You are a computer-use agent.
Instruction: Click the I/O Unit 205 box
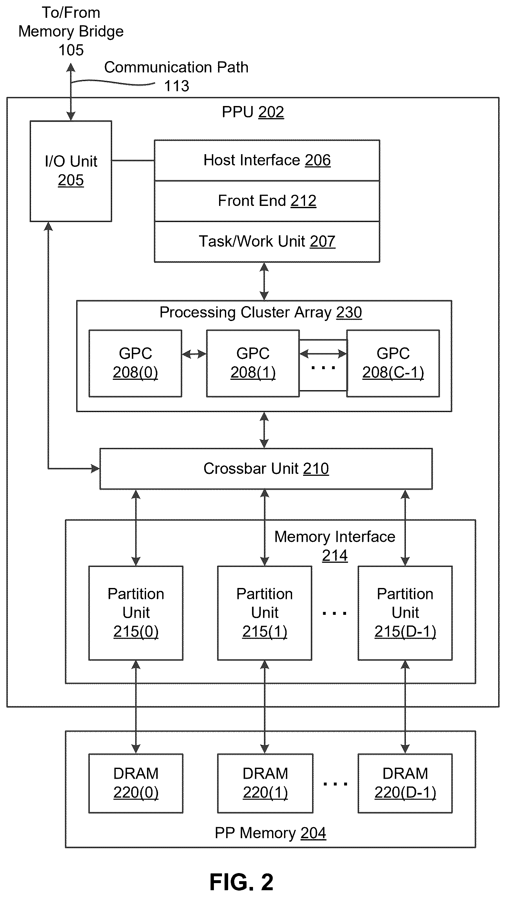coord(71,171)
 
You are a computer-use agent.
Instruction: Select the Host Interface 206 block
coord(267,161)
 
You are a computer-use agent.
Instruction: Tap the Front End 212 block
coord(267,201)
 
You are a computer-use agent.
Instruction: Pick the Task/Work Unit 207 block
coord(267,241)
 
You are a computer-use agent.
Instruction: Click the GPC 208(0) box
coord(135,363)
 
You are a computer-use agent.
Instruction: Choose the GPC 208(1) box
coord(253,363)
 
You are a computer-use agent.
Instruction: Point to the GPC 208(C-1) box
coord(393,363)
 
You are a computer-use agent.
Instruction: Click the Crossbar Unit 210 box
coord(266,469)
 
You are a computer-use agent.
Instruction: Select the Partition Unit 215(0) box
coord(136,613)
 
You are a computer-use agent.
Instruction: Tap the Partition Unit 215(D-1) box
coord(405,613)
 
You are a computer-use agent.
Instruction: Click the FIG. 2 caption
coord(241,882)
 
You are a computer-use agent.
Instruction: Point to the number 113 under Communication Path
coord(176,86)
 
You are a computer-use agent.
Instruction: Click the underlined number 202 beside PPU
coord(271,112)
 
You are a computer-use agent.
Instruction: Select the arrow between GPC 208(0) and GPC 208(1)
coord(194,355)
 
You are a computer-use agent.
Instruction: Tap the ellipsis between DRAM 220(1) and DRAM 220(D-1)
coord(335,784)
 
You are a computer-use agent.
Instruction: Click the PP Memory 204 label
coord(270,833)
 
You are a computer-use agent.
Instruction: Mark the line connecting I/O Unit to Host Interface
coord(133,161)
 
